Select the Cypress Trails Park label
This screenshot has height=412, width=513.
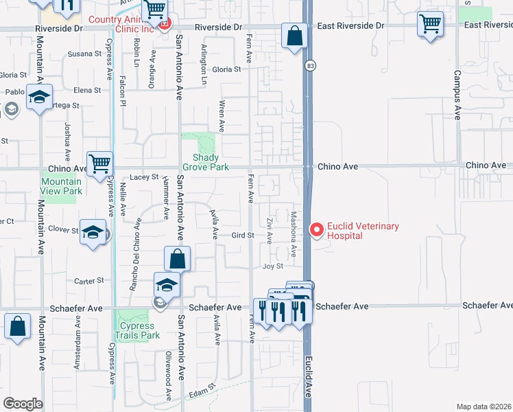coord(139,331)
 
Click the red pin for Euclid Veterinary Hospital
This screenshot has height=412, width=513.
coord(316,230)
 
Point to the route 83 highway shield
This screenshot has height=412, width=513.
coord(311,65)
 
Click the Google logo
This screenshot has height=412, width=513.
coord(23,403)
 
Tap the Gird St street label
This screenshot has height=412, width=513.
coord(243,235)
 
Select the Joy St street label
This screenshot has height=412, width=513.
coord(273,266)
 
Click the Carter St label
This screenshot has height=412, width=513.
coord(88,280)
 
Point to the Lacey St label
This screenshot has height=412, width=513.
coord(144,177)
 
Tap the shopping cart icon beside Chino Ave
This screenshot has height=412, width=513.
coord(99,163)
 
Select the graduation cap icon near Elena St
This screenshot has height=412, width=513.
coord(40,98)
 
